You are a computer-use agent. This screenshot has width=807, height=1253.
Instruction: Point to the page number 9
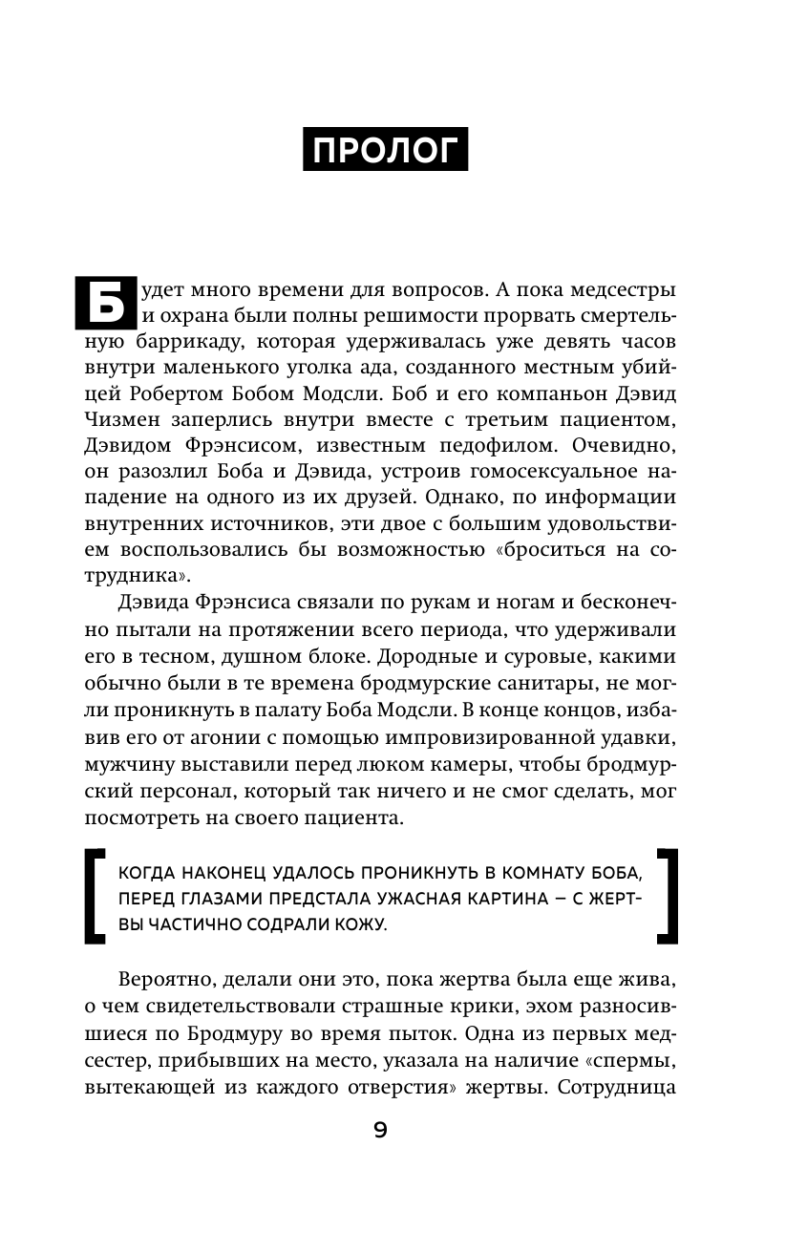[380, 1131]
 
